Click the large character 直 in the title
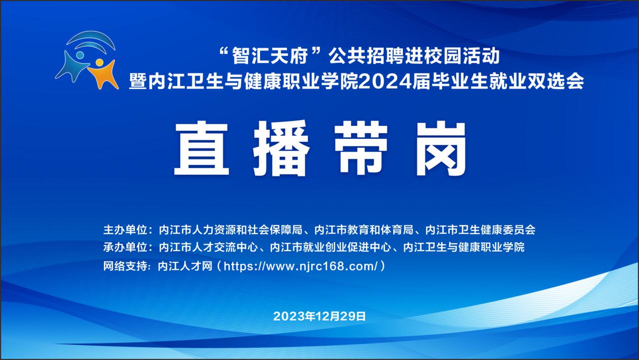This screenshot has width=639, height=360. [202, 148]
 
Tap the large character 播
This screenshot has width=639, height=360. [281, 148]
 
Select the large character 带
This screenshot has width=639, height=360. [361, 148]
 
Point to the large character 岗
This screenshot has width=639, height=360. [441, 148]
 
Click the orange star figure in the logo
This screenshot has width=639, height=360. [103, 75]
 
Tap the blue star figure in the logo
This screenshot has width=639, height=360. [72, 67]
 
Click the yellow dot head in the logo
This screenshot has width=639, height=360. [99, 62]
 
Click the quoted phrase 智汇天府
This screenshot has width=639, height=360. [270, 56]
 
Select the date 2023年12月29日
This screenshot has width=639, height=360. [319, 317]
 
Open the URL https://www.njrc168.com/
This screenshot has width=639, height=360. [301, 267]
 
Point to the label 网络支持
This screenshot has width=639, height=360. [125, 266]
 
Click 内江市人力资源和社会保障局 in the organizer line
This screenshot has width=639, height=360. [231, 230]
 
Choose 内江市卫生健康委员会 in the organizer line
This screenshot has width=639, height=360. [480, 230]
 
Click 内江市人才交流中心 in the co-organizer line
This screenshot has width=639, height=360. [209, 247]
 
